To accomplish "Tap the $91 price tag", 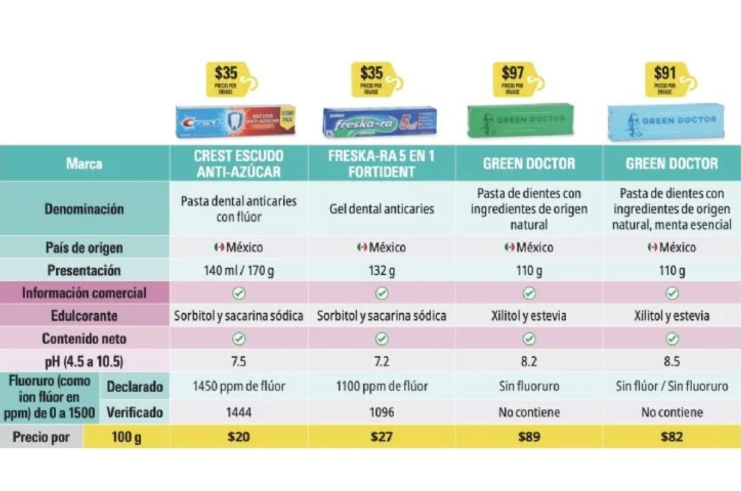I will tap(665, 78).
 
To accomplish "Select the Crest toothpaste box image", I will tap(235, 121).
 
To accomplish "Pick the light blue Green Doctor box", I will tap(672, 120).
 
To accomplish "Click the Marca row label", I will tap(85, 164).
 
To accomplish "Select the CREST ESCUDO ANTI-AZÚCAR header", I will tap(238, 164).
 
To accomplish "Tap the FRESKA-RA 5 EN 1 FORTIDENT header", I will tap(382, 164).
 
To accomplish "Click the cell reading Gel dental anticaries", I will tap(382, 209).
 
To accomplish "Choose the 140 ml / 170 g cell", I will tap(238, 271).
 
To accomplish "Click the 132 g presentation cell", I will tap(382, 271).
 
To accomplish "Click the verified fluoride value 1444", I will tap(238, 412).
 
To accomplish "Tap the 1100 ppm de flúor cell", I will tap(382, 387).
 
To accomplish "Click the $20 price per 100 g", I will tap(238, 437).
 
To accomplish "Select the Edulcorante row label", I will tap(85, 316).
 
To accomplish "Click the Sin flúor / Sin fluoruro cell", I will tap(672, 387).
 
